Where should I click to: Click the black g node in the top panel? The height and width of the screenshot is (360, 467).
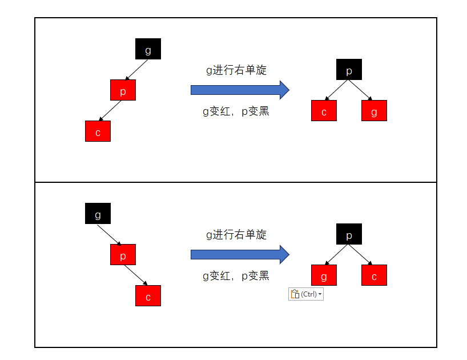tap(148, 49)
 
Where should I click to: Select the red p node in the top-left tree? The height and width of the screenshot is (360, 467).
tap(123, 90)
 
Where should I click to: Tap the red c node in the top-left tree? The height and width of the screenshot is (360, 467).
tap(98, 131)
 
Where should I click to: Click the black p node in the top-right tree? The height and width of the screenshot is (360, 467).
tap(349, 70)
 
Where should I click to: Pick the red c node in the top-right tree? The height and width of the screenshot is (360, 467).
tap(324, 111)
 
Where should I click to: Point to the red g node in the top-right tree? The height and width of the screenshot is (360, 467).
tap(374, 111)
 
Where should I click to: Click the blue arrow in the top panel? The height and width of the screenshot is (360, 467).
tap(240, 90)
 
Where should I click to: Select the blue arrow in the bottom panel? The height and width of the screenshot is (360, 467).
tap(240, 254)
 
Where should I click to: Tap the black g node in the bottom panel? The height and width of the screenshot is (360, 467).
tap(98, 214)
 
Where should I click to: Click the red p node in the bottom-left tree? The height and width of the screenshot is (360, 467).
tap(123, 255)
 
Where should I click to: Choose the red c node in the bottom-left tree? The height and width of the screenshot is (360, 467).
tap(148, 296)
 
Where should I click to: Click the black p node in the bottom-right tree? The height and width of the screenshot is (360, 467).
tap(349, 234)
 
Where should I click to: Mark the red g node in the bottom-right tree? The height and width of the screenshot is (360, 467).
tap(324, 275)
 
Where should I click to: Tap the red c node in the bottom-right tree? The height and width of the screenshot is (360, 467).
tap(374, 275)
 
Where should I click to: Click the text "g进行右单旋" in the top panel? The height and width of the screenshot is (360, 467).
tap(236, 70)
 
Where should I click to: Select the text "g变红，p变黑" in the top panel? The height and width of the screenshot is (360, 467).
tap(236, 111)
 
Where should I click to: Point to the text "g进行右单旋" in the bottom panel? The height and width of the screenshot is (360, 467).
tap(236, 235)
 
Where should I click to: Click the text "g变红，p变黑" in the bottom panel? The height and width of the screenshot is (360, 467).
tap(236, 276)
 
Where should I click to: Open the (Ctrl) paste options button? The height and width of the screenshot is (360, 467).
tap(306, 294)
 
